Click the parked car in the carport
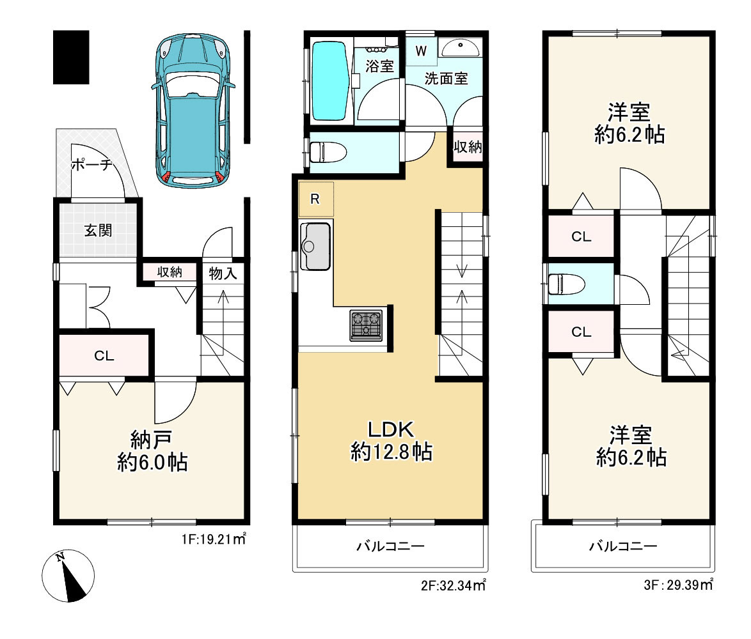click(193, 111)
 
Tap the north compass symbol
click(68, 575)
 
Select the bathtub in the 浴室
click(329, 81)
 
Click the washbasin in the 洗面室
click(461, 47)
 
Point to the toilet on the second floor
click(328, 152)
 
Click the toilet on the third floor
click(566, 284)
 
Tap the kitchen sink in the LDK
click(315, 246)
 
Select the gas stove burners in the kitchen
click(367, 325)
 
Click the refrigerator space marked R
click(316, 199)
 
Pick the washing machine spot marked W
click(421, 50)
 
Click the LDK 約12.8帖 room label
click(391, 441)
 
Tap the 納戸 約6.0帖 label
click(152, 451)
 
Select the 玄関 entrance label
click(98, 231)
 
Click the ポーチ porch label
click(91, 165)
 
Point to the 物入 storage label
click(223, 273)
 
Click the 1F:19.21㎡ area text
click(214, 539)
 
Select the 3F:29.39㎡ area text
click(678, 585)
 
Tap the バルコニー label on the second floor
click(390, 546)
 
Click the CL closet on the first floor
click(104, 355)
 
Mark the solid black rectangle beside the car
click(71, 58)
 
